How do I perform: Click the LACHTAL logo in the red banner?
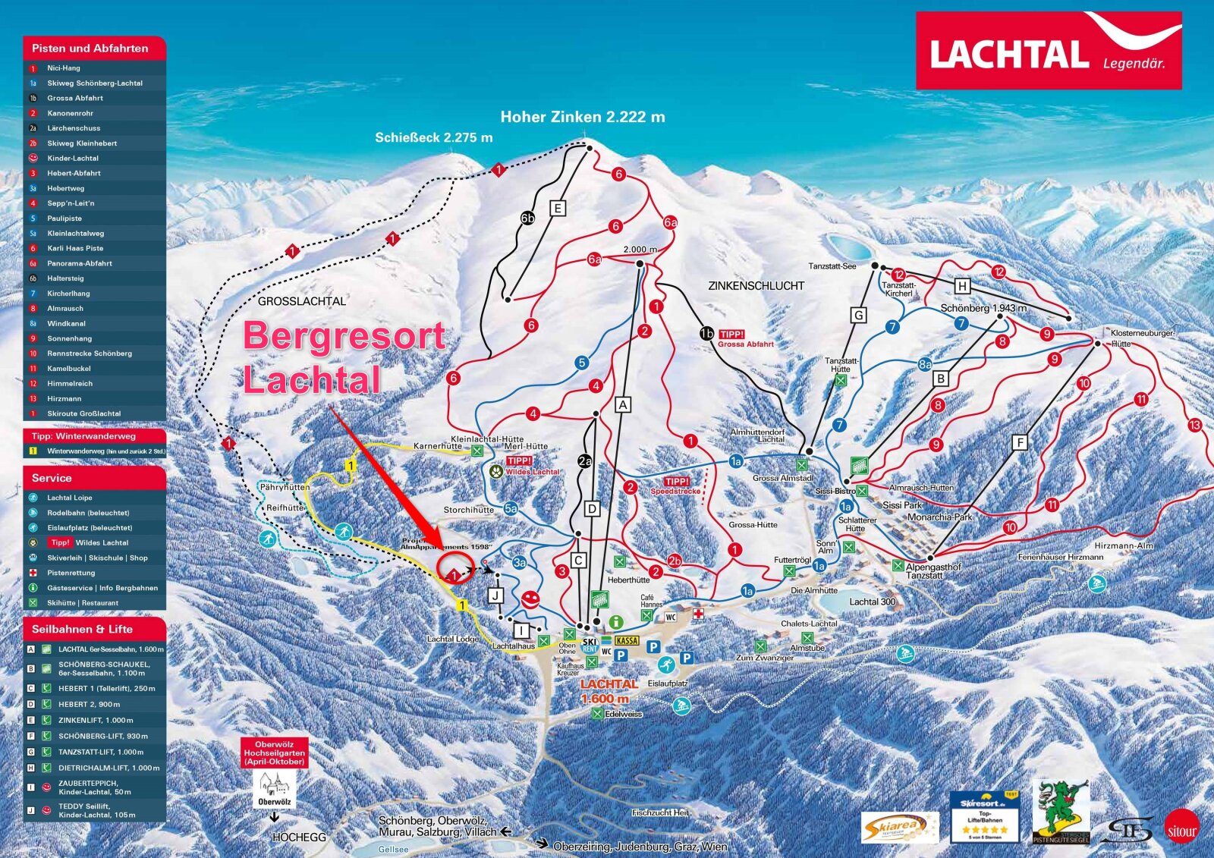coord(1008,55)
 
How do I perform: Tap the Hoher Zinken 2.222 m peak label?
coord(582,117)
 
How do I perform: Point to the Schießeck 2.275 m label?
coord(433,137)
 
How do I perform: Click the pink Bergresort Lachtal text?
coord(343,357)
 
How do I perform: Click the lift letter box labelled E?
coord(558,209)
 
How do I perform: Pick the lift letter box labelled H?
coord(962,286)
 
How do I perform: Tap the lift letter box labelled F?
coord(1020,442)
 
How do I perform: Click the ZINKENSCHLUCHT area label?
coord(756,286)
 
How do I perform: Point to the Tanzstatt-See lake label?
coord(832,266)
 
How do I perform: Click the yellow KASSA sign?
coord(627,641)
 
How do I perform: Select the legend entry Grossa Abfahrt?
coord(74,98)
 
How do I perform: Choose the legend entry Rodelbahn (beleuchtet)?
coord(88,513)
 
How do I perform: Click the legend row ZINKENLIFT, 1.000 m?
coord(95,720)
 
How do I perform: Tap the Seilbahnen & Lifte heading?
coord(82,629)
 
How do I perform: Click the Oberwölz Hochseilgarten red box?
coord(274,753)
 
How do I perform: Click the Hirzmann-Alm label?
coord(1123,545)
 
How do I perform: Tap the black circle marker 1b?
coord(706,334)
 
